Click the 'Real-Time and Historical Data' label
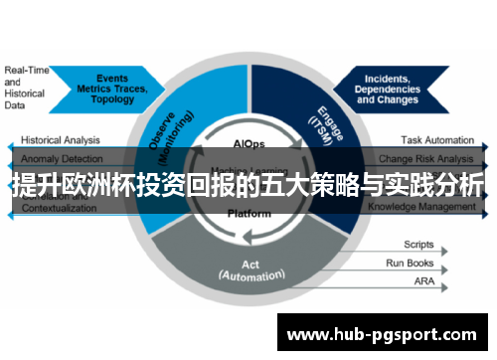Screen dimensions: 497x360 [27, 88]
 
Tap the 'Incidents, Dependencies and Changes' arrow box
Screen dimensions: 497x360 [392, 88]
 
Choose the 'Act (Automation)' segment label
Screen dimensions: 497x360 [248, 270]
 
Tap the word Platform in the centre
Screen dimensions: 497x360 [248, 213]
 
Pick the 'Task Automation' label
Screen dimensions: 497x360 [437, 141]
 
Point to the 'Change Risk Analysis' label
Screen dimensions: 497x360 [427, 159]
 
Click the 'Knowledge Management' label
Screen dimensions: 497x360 [422, 207]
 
